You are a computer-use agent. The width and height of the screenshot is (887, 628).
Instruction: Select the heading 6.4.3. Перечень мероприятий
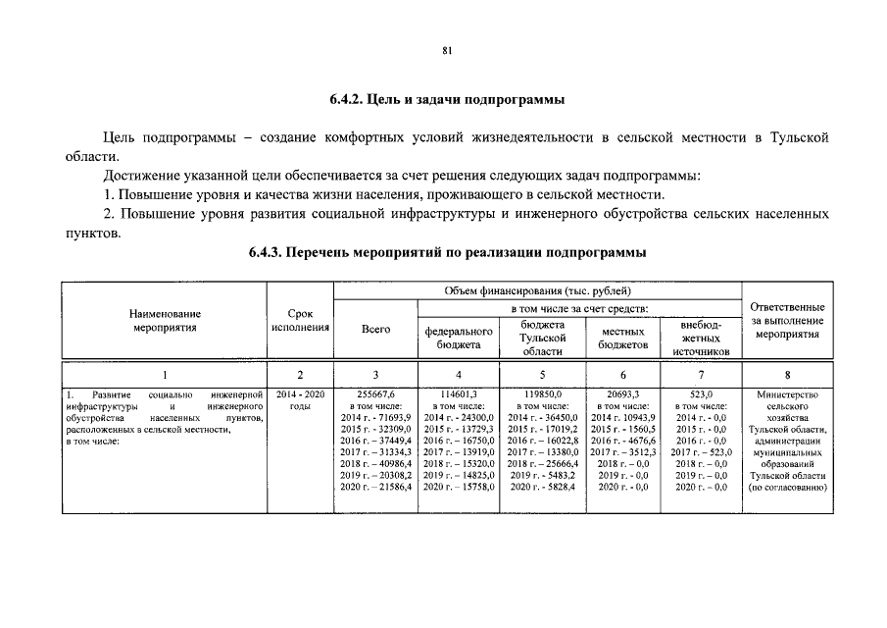(x=446, y=252)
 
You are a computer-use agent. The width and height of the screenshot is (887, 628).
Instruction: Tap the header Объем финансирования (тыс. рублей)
(x=537, y=290)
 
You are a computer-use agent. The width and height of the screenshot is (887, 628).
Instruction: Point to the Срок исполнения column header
(x=300, y=320)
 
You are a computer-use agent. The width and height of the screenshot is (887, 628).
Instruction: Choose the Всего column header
(x=375, y=330)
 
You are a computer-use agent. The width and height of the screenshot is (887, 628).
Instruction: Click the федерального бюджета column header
(x=459, y=338)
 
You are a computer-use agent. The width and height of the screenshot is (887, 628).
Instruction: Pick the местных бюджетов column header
(x=623, y=338)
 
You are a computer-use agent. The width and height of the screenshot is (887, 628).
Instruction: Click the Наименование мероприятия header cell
(x=164, y=320)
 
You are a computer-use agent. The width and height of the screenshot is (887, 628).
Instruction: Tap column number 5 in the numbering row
(x=542, y=374)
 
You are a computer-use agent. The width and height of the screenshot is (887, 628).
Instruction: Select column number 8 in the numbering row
(x=786, y=374)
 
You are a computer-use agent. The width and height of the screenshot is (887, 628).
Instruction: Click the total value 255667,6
(x=375, y=393)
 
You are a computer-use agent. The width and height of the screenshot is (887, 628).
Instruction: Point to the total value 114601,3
(x=459, y=393)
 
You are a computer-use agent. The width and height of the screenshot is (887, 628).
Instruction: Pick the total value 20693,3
(x=623, y=393)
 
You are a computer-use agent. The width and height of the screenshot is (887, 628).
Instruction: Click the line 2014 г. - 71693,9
(x=375, y=417)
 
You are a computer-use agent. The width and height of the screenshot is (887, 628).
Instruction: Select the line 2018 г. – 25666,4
(x=542, y=463)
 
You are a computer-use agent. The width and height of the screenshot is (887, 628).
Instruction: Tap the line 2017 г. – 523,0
(x=702, y=451)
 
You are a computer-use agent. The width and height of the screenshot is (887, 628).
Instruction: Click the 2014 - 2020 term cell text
(x=300, y=393)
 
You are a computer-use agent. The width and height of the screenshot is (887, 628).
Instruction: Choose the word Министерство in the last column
(x=786, y=393)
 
